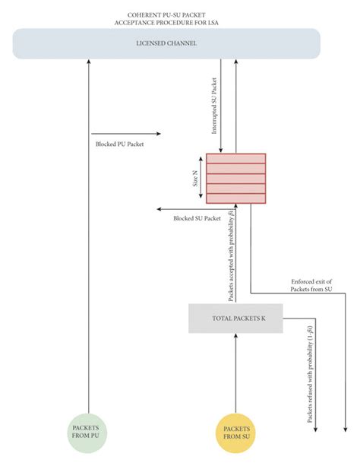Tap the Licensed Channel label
(166, 44)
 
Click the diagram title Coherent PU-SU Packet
(166, 14)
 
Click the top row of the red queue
(236, 158)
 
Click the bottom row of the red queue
(236, 198)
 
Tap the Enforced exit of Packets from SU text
(311, 285)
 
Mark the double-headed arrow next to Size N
(201, 178)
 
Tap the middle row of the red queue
(236, 178)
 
